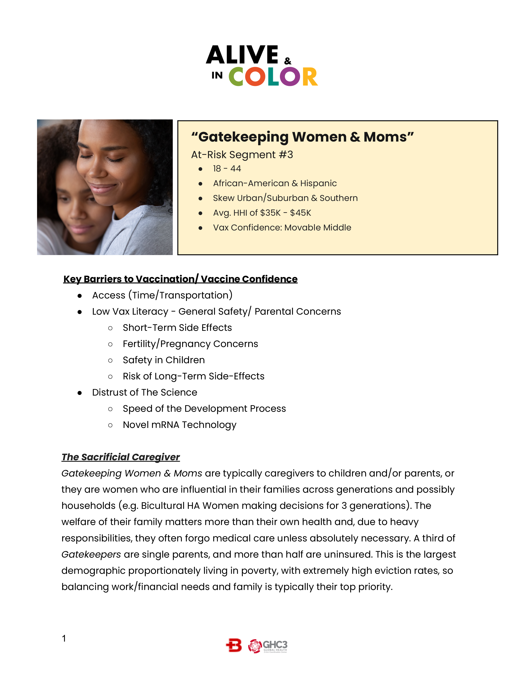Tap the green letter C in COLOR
pyautogui.click(x=236, y=77)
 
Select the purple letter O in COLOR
pyautogui.click(x=290, y=77)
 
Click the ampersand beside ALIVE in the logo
pyautogui.click(x=288, y=61)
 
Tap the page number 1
pyautogui.click(x=64, y=638)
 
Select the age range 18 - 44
pyautogui.click(x=227, y=169)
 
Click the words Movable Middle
pyautogui.click(x=317, y=228)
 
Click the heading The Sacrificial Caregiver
pyautogui.click(x=121, y=457)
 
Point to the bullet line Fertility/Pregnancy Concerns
pyautogui.click(x=190, y=344)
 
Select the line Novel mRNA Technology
pyautogui.click(x=179, y=425)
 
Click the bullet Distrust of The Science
pyautogui.click(x=144, y=392)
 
